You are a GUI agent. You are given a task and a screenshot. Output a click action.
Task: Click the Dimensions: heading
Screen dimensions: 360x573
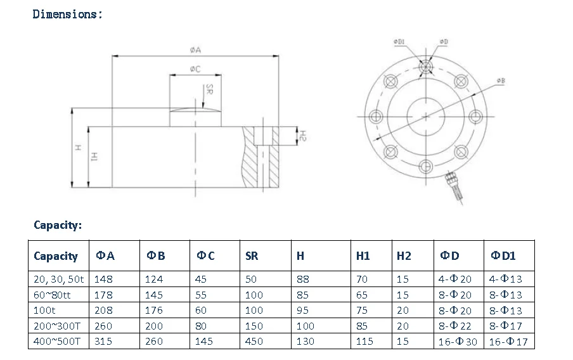(67, 14)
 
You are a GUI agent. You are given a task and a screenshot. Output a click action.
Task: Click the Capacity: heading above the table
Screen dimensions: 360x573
(58, 225)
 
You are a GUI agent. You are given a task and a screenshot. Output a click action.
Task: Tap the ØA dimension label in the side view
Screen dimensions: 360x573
(195, 50)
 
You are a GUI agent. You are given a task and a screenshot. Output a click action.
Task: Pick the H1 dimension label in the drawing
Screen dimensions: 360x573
(93, 157)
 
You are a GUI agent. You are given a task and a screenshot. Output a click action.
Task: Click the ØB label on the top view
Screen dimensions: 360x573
(500, 81)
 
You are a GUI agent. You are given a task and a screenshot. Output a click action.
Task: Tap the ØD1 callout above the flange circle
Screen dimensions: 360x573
(399, 42)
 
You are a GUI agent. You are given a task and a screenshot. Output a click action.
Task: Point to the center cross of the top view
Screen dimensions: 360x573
(426, 115)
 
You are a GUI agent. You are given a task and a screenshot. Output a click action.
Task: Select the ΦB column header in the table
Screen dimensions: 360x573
(156, 256)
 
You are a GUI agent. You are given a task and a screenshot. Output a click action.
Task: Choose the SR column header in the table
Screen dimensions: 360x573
(251, 256)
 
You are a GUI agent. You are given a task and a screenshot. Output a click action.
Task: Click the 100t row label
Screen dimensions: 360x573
(44, 311)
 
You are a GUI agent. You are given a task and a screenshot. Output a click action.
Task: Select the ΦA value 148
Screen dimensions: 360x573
(103, 279)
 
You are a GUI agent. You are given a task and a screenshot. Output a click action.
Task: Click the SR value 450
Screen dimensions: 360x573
(254, 342)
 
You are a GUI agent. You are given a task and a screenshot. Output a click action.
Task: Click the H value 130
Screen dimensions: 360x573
(305, 342)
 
